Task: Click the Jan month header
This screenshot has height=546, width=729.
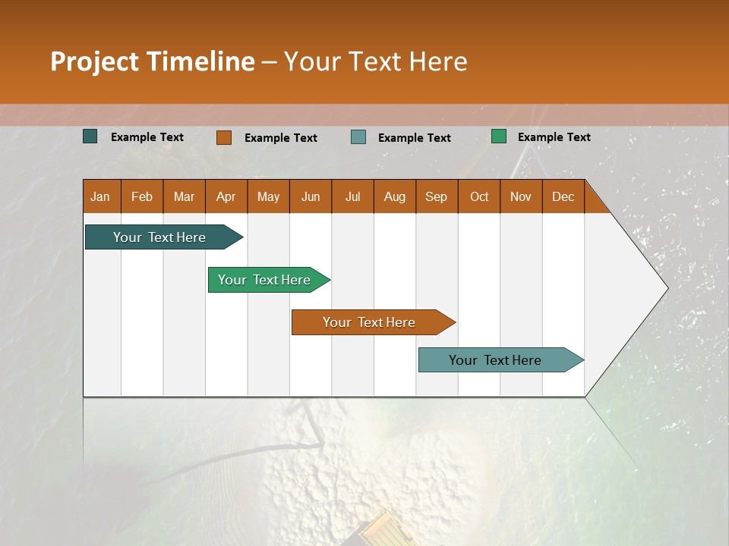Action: pos(101,196)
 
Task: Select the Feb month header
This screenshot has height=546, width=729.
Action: pos(142,196)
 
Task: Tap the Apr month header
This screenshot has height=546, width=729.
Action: pos(226,196)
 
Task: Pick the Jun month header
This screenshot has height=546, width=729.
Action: pos(311,196)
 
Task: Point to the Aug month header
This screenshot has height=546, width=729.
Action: pos(395,196)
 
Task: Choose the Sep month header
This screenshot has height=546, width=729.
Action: pos(437,196)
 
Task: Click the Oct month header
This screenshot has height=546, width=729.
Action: pos(479,196)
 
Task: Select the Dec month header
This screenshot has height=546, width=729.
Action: pos(563,196)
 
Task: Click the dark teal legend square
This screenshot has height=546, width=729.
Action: pos(90,136)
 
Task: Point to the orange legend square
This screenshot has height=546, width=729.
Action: pos(224,137)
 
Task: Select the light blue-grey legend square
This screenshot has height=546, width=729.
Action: pos(358,137)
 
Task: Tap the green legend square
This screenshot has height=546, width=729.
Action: pos(499,136)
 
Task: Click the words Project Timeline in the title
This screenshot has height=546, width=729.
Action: pos(153,61)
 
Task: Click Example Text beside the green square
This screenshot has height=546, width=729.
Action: pos(554,137)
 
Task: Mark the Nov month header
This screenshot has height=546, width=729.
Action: pos(521,196)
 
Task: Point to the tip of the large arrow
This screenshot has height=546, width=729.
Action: pos(666,288)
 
